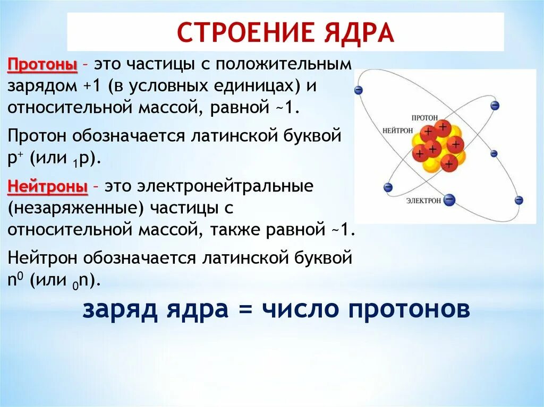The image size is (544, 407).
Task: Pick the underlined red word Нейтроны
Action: (47, 188)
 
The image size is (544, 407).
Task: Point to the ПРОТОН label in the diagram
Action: (424, 117)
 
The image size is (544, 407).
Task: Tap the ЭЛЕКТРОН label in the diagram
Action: (423, 201)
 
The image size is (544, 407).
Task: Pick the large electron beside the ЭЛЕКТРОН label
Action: (449, 200)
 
